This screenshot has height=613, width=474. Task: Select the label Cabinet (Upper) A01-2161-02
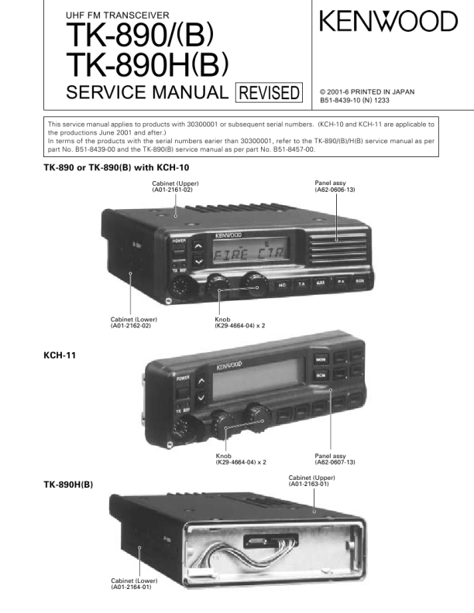point(175,187)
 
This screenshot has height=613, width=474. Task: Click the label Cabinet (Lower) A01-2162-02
point(130,323)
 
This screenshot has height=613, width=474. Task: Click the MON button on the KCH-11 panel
point(321,359)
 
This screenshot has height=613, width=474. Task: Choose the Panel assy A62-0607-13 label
point(335,459)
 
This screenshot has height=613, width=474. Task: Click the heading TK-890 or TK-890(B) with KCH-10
point(117,167)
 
